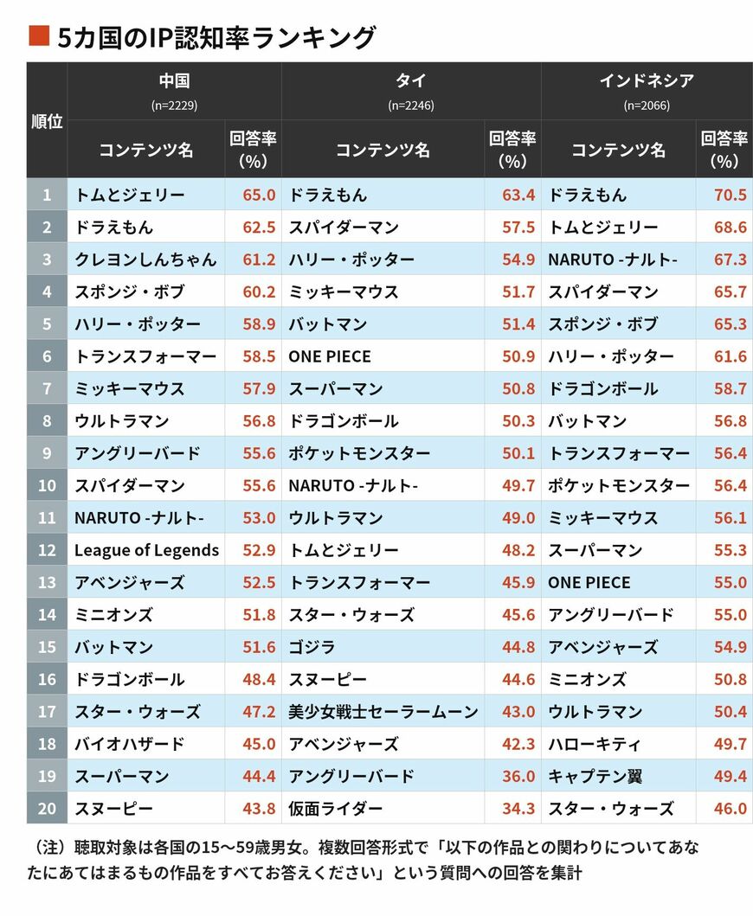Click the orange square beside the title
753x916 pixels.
click(x=37, y=35)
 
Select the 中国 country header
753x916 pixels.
click(x=174, y=81)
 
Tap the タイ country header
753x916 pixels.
click(x=410, y=81)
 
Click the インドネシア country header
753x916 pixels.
click(x=647, y=81)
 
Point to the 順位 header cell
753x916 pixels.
click(x=47, y=121)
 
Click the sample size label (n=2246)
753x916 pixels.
click(x=410, y=106)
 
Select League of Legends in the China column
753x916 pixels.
click(x=146, y=550)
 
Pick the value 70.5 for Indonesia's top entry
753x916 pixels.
click(x=730, y=195)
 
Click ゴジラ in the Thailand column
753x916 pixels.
click(x=312, y=647)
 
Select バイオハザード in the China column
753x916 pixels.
click(x=129, y=744)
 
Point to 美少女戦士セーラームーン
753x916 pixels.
click(x=383, y=712)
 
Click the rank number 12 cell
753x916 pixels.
click(x=47, y=550)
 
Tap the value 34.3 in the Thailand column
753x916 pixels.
click(x=518, y=809)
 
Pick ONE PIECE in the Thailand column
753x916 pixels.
click(x=329, y=356)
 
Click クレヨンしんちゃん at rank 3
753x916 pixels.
click(x=145, y=259)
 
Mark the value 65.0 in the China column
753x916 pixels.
click(x=259, y=195)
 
